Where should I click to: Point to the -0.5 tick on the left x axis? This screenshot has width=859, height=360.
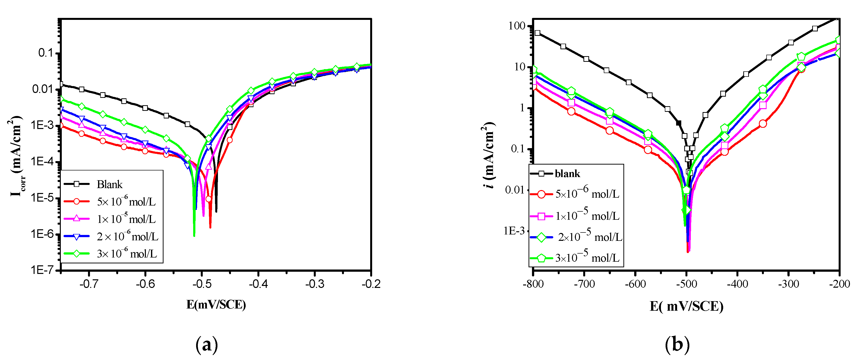click(x=202, y=284)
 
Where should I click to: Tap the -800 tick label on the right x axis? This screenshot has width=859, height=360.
click(x=533, y=284)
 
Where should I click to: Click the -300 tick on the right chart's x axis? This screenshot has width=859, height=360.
click(x=789, y=284)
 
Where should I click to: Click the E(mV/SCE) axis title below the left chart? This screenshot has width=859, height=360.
click(x=216, y=304)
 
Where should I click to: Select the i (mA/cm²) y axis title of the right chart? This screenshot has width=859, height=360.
click(x=489, y=155)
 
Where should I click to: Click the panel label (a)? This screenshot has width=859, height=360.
click(x=207, y=345)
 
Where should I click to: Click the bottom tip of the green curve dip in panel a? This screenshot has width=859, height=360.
click(x=194, y=236)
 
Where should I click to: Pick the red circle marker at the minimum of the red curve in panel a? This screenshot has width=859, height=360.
click(x=208, y=199)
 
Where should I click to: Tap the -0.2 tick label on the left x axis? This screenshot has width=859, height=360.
click(x=371, y=284)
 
